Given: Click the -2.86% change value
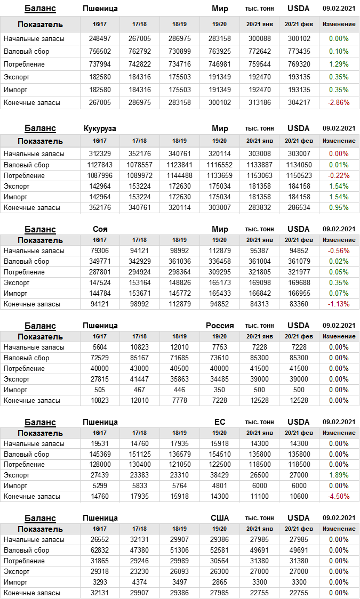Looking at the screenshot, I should click(x=339, y=102).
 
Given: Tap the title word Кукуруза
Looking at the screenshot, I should click(x=100, y=128).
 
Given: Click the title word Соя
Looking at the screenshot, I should click(x=100, y=229).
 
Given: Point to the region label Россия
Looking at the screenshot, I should click(x=220, y=326).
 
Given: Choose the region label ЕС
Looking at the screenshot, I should click(x=220, y=422).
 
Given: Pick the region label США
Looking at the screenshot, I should click(x=220, y=518).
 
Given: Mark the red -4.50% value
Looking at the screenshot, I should click(x=339, y=496).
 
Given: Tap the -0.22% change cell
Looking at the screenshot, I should click(x=339, y=175).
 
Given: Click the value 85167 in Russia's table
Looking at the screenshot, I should click(x=139, y=358).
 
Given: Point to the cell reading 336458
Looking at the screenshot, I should click(x=219, y=261).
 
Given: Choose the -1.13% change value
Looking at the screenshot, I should click(x=339, y=304).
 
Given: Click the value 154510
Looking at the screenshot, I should click(x=219, y=454).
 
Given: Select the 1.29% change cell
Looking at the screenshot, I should click(x=339, y=64).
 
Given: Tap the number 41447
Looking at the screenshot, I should click(x=139, y=379).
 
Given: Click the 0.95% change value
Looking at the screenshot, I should click(x=339, y=207).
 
